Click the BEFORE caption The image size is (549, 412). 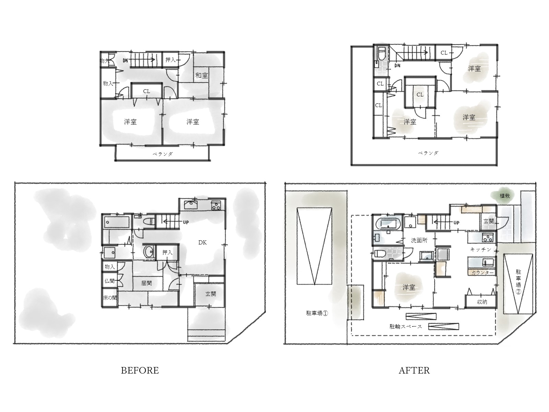tap(140, 370)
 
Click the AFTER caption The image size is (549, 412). tap(414, 370)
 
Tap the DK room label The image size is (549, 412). tap(202, 242)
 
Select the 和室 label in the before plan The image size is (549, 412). tap(202, 75)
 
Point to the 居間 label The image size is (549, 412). tap(146, 283)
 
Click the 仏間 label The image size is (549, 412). tap(109, 281)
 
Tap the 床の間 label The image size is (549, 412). tap(110, 298)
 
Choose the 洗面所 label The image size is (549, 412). tap(419, 240)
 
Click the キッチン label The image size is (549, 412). tap(480, 249)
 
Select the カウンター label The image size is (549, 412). tap(482, 273)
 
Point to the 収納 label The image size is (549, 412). tap(482, 302)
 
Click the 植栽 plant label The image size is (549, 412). tap(504, 196)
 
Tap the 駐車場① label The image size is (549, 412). tap(317, 313)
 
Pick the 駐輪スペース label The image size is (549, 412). tap(406, 327)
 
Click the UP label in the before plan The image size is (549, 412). tap(186, 222)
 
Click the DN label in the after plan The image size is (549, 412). tap(397, 66)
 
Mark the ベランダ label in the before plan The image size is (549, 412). tap(163, 154)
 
